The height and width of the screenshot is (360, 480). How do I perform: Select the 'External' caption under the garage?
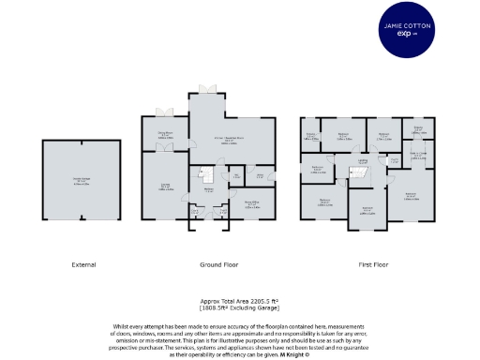[83, 264]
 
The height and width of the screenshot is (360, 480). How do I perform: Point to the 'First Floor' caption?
[375, 264]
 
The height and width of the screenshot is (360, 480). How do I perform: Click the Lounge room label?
[165, 185]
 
